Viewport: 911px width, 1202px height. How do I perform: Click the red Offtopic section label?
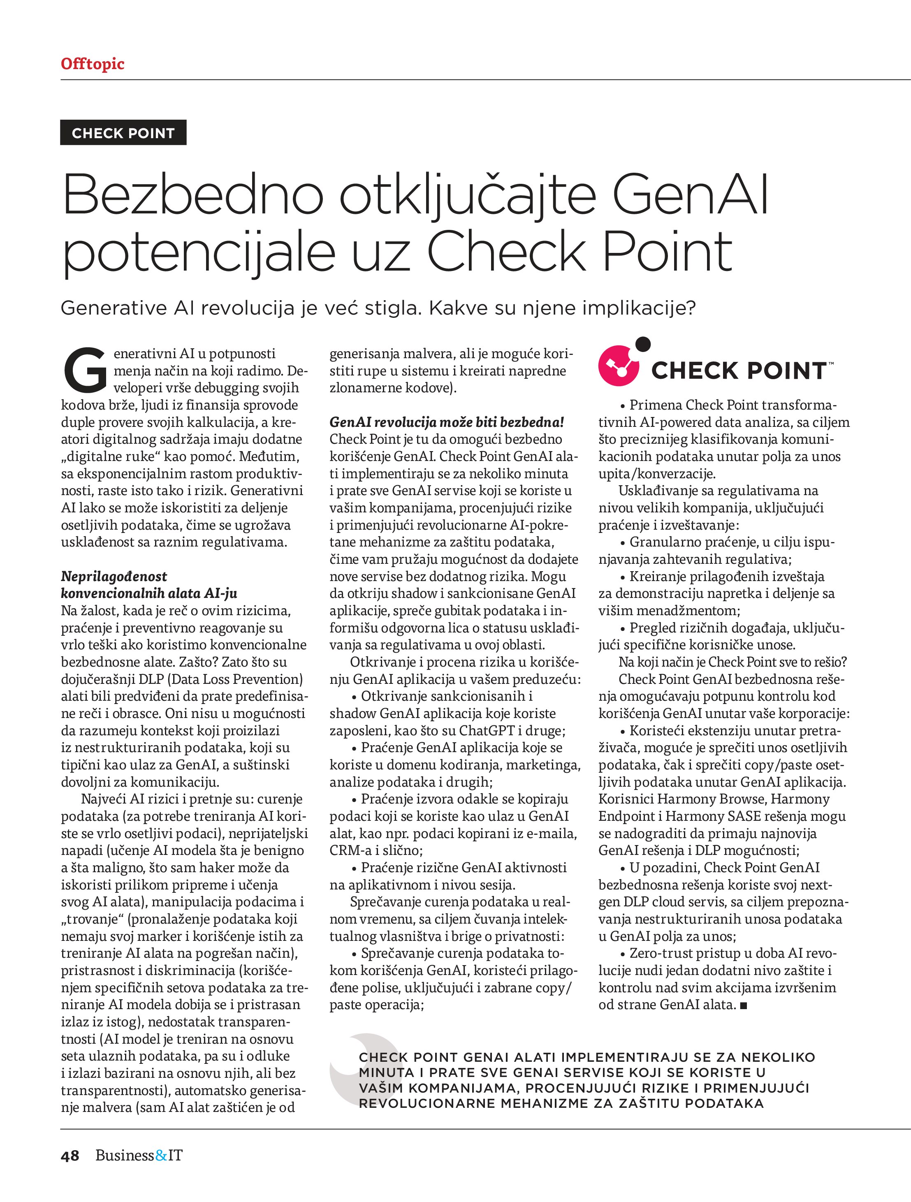point(93,64)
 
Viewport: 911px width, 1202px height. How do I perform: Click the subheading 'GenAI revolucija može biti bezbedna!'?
point(447,422)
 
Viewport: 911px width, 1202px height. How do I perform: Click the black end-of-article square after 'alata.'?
point(744,1006)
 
